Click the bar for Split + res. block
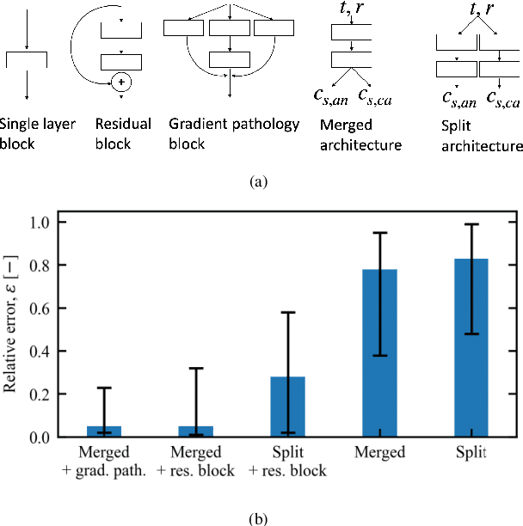(288, 407)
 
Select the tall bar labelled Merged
(379, 353)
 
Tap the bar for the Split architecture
(471, 347)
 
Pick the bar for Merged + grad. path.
(105, 431)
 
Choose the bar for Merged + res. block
(196, 431)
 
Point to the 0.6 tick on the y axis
(43, 308)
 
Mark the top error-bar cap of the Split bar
(471, 224)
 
